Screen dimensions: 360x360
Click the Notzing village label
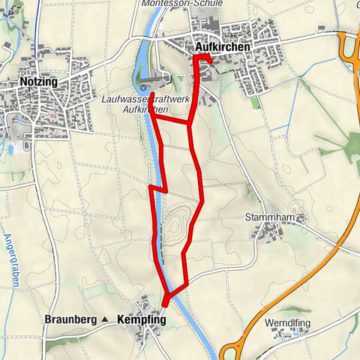click(x=37, y=82)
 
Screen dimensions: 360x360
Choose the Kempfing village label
click(x=142, y=319)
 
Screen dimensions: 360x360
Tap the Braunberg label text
click(x=71, y=319)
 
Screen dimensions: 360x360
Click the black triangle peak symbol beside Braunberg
click(x=105, y=319)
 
